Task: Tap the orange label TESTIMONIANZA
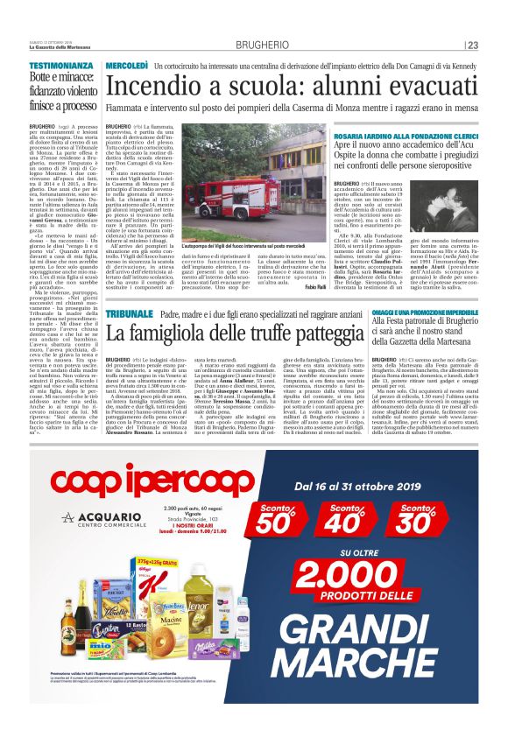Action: coord(60,66)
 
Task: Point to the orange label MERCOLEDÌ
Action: coord(126,66)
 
